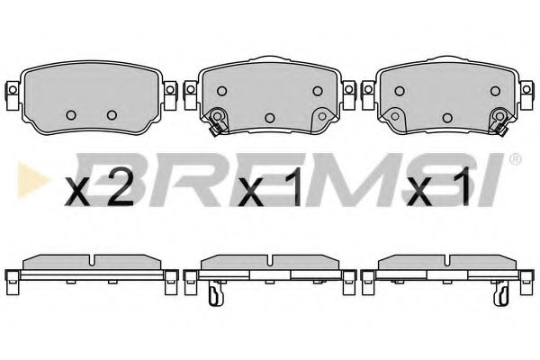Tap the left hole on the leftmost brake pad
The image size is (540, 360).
(x=71, y=114)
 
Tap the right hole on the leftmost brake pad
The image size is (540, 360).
(x=112, y=114)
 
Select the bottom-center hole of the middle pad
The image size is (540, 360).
(x=270, y=118)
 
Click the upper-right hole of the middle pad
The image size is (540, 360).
(x=317, y=90)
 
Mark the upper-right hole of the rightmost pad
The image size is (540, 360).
(x=492, y=90)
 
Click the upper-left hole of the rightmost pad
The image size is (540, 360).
(x=400, y=90)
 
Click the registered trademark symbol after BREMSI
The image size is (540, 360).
(x=516, y=160)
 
